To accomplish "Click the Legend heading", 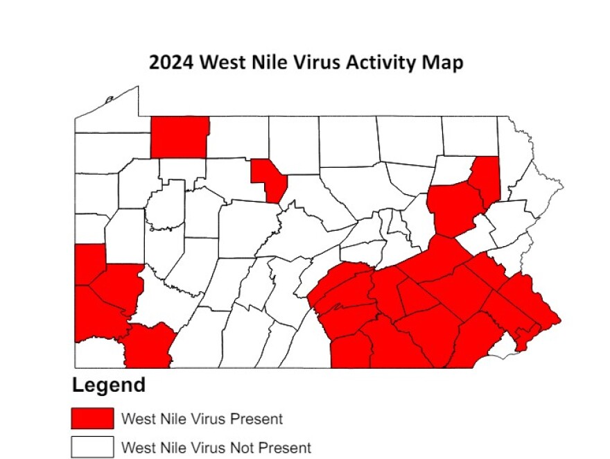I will coord(109,386).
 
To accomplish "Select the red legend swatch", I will coord(91,418).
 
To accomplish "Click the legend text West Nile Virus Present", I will coord(202,419).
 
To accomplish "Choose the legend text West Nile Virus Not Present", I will coord(216,447).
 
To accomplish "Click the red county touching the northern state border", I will coord(179,137).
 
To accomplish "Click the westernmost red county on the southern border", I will coord(148,347).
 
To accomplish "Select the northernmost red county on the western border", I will coord(88,263).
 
